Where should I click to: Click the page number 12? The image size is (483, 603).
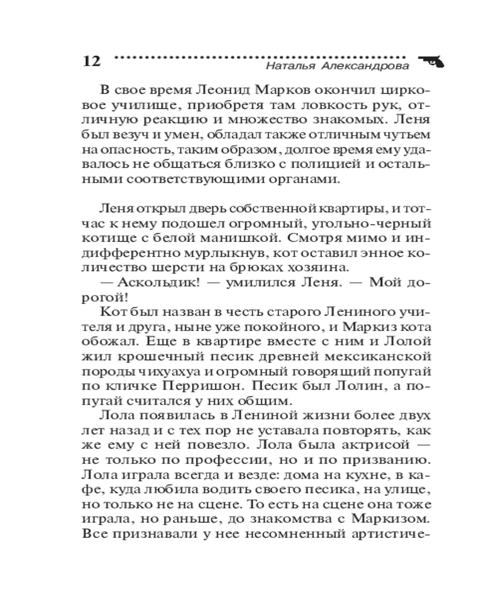tap(89, 62)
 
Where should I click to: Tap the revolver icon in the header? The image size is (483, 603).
tap(429, 60)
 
